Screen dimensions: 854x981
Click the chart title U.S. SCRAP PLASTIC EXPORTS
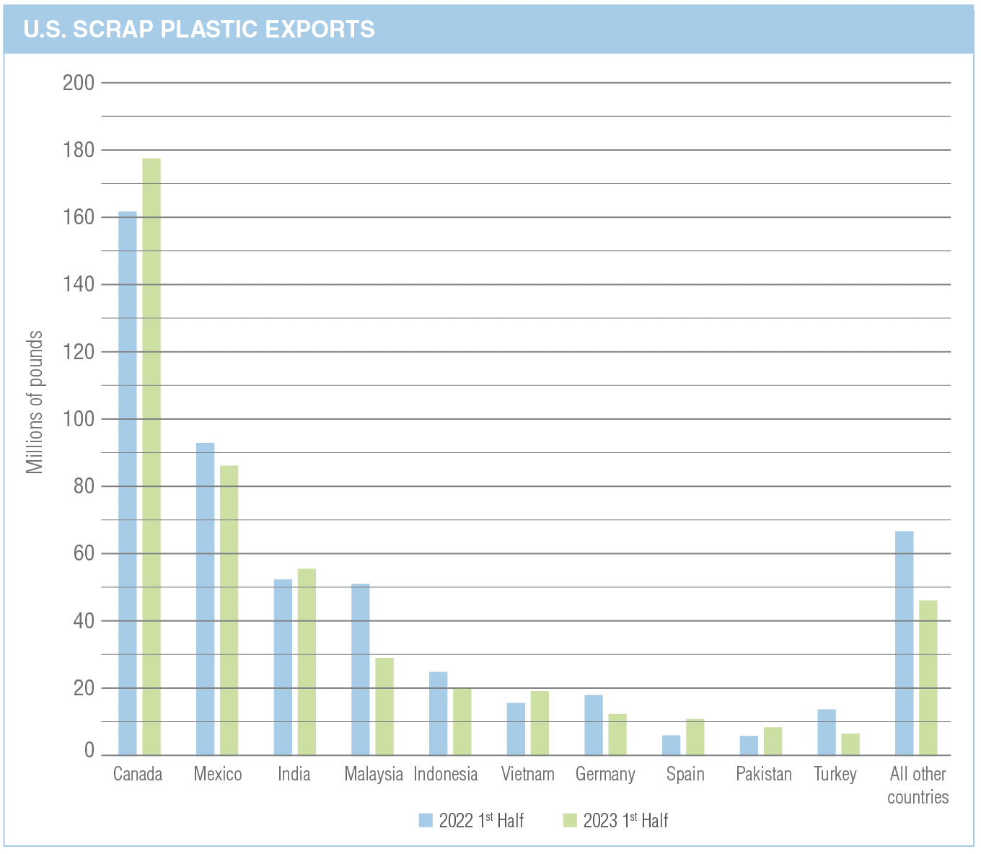[199, 29]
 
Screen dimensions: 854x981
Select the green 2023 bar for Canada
[151, 456]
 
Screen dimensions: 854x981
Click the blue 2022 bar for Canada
[128, 483]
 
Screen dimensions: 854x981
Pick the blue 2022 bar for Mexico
[206, 599]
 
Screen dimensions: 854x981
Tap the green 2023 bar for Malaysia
[384, 706]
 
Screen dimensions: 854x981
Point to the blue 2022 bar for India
[283, 667]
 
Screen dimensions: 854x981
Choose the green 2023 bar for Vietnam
[540, 723]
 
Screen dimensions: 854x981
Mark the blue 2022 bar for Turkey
[827, 732]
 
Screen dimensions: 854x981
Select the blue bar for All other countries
[904, 643]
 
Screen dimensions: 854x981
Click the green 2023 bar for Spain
[695, 736]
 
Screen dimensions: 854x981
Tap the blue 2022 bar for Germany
[594, 725]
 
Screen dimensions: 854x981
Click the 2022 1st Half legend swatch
[426, 820]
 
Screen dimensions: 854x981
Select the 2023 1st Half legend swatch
[571, 820]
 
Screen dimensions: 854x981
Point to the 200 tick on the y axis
[79, 83]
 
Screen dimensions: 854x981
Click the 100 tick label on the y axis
[79, 419]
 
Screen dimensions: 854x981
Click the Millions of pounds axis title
[35, 402]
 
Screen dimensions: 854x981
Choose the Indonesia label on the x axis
[446, 775]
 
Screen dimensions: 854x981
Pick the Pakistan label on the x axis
[764, 775]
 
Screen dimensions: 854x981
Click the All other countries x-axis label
[918, 785]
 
